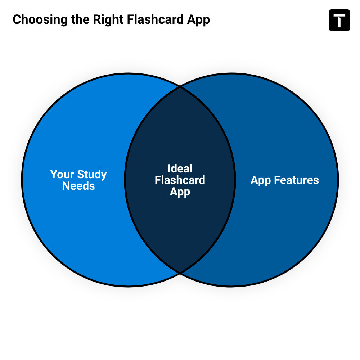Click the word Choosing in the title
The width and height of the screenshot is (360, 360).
[40, 20]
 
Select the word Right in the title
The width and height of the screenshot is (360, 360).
[108, 20]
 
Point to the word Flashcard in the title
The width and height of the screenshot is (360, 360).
[155, 19]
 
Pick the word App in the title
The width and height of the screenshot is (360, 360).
[198, 20]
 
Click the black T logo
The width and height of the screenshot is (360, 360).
[339, 20]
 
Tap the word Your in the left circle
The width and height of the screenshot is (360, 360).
[62, 174]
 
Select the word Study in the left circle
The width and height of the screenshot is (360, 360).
[92, 175]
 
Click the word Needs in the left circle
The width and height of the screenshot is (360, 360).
[78, 186]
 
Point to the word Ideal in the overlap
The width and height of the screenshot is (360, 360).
[180, 168]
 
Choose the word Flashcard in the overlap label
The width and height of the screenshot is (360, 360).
[180, 180]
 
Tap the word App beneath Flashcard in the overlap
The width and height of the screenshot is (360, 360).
[180, 192]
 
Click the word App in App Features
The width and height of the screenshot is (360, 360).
[261, 180]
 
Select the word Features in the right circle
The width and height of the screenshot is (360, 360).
[296, 180]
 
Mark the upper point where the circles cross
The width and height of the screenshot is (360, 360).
[180, 87]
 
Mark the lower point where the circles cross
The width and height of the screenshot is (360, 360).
[180, 273]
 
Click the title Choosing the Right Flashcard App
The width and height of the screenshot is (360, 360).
[111, 20]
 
